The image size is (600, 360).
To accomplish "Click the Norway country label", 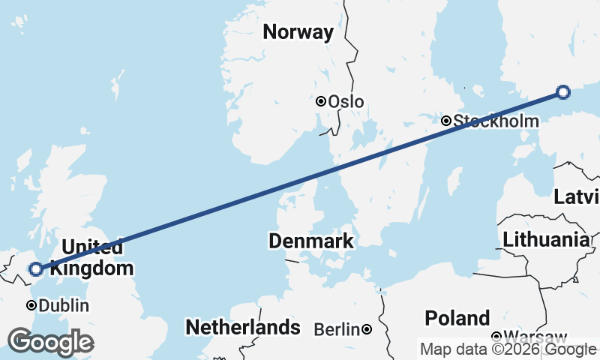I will (298, 32).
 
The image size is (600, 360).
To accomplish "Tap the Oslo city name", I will (346, 102).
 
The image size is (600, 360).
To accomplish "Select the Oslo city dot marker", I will (321, 101).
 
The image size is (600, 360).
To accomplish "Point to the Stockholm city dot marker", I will (446, 120).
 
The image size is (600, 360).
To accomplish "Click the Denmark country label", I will (310, 241).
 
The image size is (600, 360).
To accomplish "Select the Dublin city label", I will (64, 306).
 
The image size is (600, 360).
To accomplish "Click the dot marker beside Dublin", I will (31, 305).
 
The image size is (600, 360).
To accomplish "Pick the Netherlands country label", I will (243, 328).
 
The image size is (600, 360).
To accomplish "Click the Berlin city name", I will (337, 329).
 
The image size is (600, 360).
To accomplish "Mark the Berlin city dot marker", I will (367, 328).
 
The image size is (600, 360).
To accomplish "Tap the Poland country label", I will (457, 317).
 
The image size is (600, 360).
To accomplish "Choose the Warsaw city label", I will (535, 336).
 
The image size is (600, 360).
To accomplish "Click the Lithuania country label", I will (545, 240).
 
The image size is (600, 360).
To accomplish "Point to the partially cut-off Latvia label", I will (577, 198).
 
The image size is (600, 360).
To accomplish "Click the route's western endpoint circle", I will (35, 268).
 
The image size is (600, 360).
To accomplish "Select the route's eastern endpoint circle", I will (563, 92).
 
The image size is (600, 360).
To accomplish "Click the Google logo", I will (50, 342).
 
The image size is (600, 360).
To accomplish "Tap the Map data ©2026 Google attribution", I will (508, 349).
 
